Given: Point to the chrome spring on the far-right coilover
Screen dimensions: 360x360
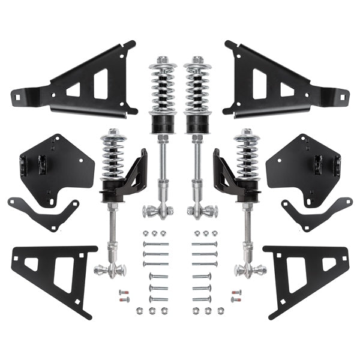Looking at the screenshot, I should pyautogui.click(x=248, y=159).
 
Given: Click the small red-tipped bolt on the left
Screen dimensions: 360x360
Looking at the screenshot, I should pyautogui.click(x=124, y=293).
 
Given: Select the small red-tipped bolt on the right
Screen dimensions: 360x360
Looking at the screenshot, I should pyautogui.click(x=236, y=293).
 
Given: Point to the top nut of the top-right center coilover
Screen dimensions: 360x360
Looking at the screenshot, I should pyautogui.click(x=197, y=60).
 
